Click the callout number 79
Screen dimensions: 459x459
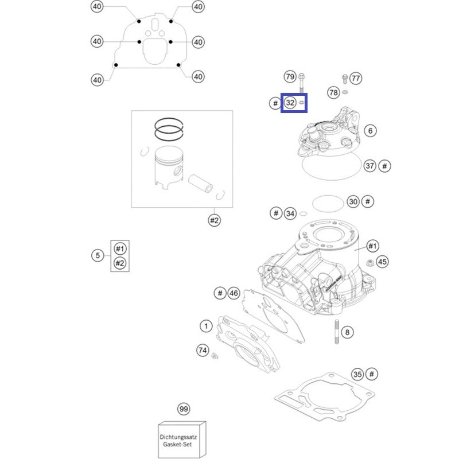click(x=290, y=77)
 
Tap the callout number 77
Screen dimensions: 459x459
click(x=356, y=78)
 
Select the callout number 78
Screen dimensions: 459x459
click(x=333, y=92)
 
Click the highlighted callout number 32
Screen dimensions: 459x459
click(x=290, y=103)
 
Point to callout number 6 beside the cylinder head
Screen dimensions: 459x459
click(x=370, y=131)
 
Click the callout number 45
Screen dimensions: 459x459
click(x=382, y=262)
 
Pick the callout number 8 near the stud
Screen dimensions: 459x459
click(x=347, y=332)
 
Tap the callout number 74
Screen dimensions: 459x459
click(x=203, y=350)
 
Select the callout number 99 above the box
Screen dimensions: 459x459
click(x=184, y=409)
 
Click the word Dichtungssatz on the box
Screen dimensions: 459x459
click(x=178, y=437)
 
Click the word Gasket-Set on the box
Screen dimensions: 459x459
click(x=177, y=444)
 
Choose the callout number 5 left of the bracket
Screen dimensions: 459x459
click(x=98, y=255)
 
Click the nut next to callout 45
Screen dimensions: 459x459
click(x=369, y=262)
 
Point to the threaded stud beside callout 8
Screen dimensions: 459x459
click(x=337, y=332)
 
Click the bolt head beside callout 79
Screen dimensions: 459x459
click(x=302, y=77)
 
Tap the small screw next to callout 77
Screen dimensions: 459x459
click(x=345, y=79)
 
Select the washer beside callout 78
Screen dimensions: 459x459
click(x=345, y=92)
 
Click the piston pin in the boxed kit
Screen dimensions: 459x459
click(x=200, y=183)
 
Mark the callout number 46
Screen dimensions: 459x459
click(x=234, y=293)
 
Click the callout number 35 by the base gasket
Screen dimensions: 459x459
click(x=357, y=374)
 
